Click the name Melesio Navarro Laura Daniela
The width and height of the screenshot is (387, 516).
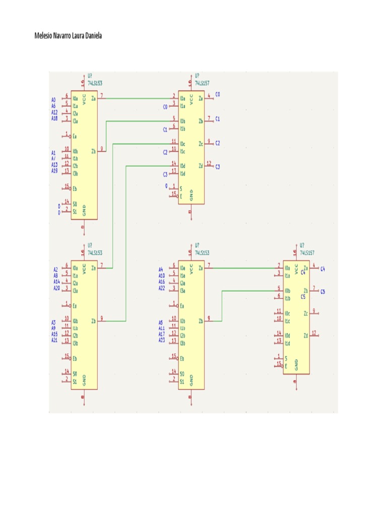68,36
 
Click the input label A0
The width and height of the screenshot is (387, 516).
53,99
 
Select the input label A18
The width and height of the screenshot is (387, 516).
54,118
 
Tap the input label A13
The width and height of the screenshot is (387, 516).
54,165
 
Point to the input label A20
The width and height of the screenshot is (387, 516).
56,288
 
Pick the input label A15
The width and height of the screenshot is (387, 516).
54,334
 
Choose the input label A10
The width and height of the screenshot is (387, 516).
161,276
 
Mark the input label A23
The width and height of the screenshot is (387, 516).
161,340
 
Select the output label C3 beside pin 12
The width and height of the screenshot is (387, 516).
218,167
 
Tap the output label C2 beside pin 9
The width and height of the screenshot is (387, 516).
218,144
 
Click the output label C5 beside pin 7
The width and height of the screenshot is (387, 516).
322,292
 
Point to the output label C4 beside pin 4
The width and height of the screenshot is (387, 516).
322,269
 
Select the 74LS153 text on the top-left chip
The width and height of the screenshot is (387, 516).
95,83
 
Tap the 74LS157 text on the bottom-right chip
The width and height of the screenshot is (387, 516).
307,252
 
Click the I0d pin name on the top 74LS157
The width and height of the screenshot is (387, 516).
182,166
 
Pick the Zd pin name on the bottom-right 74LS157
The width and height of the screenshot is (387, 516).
306,336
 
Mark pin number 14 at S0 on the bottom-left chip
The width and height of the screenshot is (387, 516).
66,371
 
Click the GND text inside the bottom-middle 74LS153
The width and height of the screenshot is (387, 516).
191,380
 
